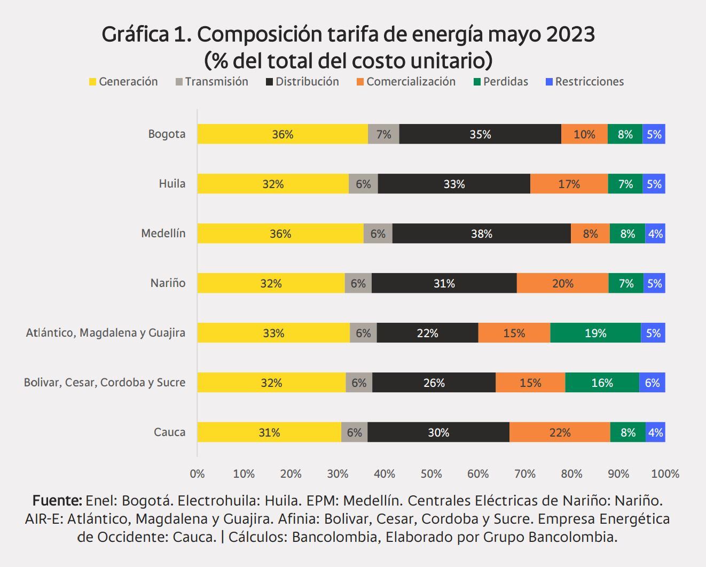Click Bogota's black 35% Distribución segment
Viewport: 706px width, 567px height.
[x=480, y=134]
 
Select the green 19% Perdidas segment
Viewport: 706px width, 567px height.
[x=595, y=333]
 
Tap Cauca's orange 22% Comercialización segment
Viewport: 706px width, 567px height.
[x=560, y=432]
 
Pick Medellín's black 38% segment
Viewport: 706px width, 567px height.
[x=481, y=234]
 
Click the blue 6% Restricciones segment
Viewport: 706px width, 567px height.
[x=652, y=383]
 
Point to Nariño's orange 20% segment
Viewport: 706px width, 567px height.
[x=562, y=283]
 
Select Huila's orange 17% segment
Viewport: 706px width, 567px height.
[x=569, y=184]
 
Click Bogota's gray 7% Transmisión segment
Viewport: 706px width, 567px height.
[x=383, y=134]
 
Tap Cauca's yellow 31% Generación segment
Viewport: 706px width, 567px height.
[x=269, y=432]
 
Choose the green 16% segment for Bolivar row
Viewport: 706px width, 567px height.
[x=602, y=383]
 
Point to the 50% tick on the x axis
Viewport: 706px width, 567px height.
[x=431, y=473]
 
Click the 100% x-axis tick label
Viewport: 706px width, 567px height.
[x=665, y=473]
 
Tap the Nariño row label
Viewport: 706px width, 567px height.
[x=168, y=283]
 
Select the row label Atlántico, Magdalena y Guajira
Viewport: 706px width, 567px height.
[x=106, y=332]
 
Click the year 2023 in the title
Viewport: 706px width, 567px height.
[x=570, y=34]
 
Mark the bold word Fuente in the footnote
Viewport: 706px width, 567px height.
[x=57, y=501]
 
